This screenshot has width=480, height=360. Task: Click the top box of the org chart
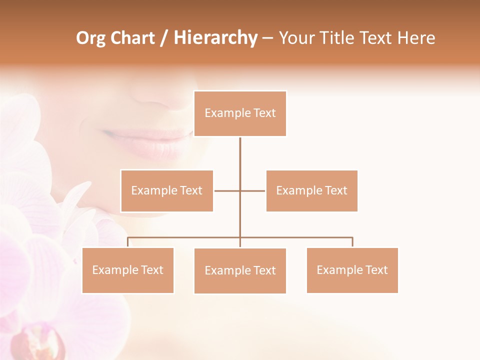pos(240,113)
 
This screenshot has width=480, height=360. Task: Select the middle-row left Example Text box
pos(166,190)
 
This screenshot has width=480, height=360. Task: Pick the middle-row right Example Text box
pos(311,190)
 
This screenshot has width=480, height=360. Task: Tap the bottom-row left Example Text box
pos(127,270)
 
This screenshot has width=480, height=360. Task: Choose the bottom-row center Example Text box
pos(240,270)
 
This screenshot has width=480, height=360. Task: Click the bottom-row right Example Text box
pos(352,270)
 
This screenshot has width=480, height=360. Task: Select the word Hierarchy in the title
pos(215,38)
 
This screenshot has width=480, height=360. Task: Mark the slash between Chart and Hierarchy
pos(164,38)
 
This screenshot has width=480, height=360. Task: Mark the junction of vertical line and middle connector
pos(240,190)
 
